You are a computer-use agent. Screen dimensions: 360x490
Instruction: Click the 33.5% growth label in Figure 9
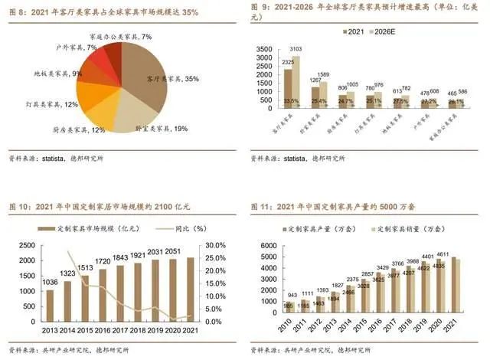click(290, 101)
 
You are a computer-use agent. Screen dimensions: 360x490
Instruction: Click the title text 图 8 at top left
click(18, 9)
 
